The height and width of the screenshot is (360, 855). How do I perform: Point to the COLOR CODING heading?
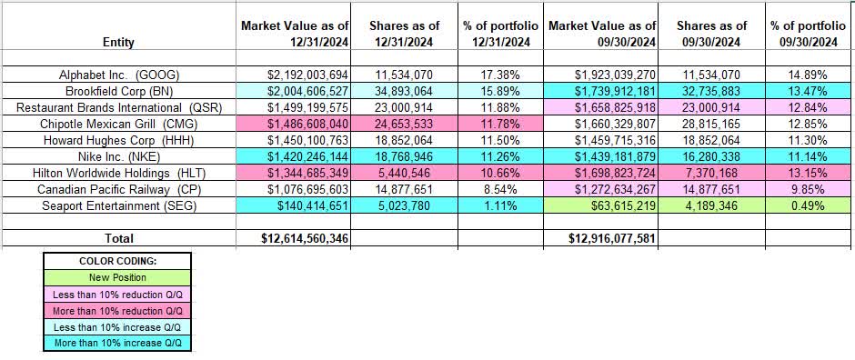pos(115,261)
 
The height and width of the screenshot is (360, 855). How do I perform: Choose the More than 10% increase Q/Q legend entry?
pos(115,343)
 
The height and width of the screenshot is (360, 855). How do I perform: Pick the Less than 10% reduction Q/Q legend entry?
pos(115,293)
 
